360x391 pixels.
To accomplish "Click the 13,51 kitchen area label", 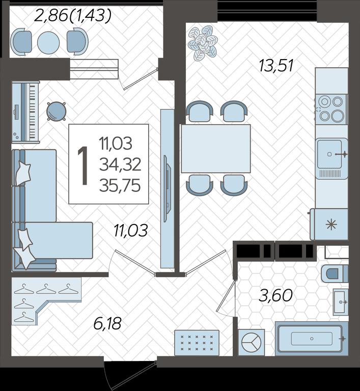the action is (x=276, y=66).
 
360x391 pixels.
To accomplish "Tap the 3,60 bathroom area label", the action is (x=275, y=296).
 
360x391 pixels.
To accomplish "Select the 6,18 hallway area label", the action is (x=107, y=323).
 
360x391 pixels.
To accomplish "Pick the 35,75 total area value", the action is (x=120, y=186).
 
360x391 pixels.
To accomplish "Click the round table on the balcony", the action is (x=48, y=43).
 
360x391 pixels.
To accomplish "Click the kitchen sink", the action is (x=331, y=158).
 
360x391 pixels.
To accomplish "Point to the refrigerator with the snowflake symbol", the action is (x=329, y=225).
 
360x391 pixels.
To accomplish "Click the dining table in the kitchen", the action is (x=216, y=149).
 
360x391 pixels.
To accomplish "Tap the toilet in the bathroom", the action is (x=335, y=273).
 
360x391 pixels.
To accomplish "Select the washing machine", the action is (x=251, y=342).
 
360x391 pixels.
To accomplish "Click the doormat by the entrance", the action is (x=197, y=343).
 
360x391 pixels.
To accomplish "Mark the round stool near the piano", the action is (x=57, y=111).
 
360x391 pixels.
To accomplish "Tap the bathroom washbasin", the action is (x=341, y=302).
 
